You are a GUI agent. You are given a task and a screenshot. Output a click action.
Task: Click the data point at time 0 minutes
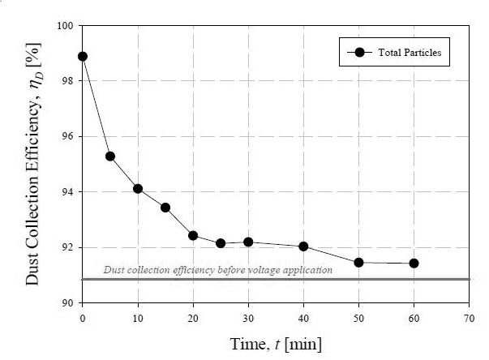coord(83,57)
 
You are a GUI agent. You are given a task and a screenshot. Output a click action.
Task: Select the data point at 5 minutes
coord(110,156)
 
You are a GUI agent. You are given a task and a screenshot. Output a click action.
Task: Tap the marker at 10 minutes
coord(138,189)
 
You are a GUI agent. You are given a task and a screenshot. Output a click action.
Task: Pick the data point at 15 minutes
coord(165,208)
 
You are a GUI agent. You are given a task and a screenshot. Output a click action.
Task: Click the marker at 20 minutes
coord(193,235)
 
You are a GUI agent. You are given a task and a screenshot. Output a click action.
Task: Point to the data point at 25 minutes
coord(221,243)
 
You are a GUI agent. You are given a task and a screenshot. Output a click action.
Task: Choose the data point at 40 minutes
coord(303,246)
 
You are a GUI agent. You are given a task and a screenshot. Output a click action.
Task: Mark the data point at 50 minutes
coord(358,263)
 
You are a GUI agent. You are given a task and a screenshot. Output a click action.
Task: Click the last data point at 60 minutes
coord(414,264)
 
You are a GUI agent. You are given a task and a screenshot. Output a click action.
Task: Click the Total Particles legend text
coord(410,53)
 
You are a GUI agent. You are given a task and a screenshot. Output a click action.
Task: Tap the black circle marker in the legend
coord(359,52)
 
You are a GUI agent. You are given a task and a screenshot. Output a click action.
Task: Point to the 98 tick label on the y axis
coord(66,81)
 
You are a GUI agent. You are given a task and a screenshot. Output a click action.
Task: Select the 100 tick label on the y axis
coord(65,25)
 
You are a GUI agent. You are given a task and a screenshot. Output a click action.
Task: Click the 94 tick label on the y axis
coord(66,191)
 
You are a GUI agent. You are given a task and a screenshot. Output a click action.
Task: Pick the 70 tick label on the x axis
coord(469,319)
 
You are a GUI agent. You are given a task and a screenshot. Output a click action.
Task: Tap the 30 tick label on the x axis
coord(248,319)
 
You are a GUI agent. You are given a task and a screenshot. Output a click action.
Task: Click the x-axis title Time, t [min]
coord(276,344)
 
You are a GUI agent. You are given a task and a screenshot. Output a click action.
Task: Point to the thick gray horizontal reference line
coord(276,279)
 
